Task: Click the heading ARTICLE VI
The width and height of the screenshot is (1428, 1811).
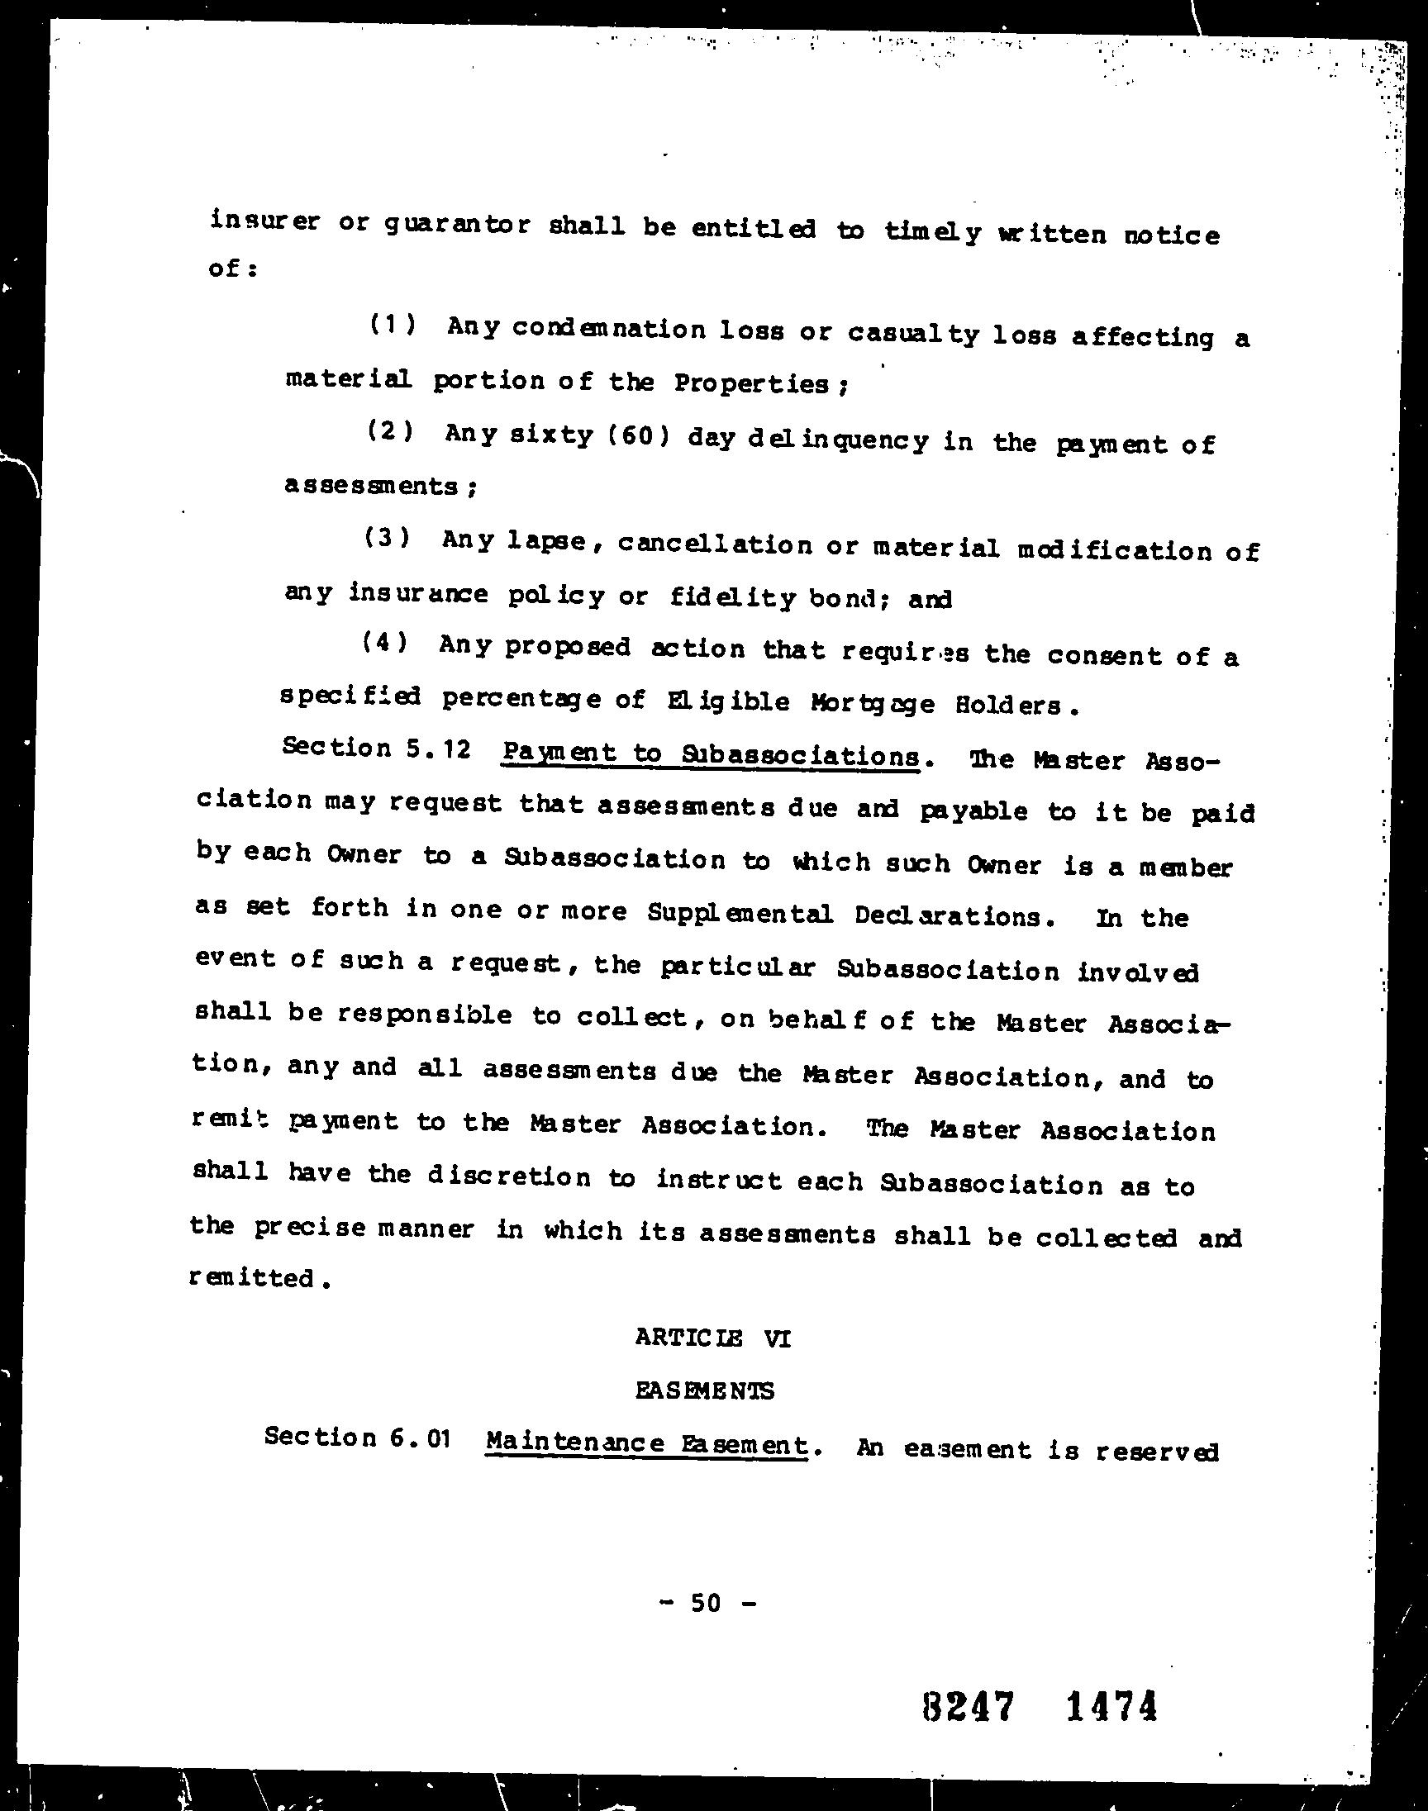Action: pos(712,1338)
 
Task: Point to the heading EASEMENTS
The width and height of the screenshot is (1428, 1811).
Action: pos(705,1390)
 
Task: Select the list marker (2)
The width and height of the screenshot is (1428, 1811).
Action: pos(390,431)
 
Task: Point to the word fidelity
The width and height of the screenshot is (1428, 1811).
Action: pos(732,597)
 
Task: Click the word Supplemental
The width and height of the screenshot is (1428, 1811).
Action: pos(740,914)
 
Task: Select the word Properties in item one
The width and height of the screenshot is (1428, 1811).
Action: pos(751,383)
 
